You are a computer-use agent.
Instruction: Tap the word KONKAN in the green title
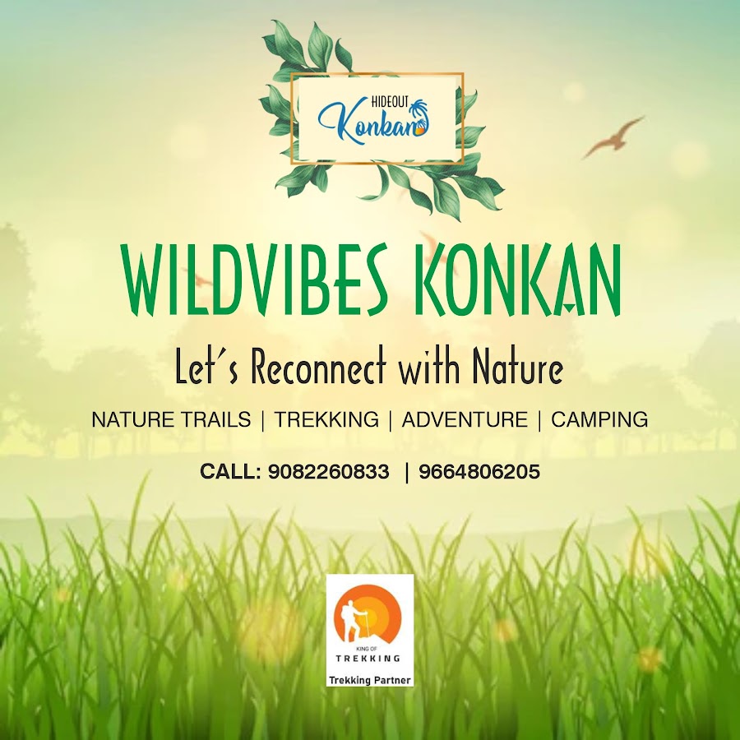518,280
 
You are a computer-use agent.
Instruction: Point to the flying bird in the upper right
613,137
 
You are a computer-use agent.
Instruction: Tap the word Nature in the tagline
518,368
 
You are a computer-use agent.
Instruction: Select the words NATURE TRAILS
171,419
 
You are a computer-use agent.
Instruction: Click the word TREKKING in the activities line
326,419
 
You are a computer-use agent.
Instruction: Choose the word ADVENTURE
465,419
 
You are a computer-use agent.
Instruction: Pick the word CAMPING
599,419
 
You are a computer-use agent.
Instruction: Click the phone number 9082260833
328,471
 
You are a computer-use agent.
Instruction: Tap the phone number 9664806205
479,471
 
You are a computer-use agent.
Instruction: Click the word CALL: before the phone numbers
230,471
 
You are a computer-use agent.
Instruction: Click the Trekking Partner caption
370,680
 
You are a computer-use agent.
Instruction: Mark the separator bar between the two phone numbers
406,472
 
